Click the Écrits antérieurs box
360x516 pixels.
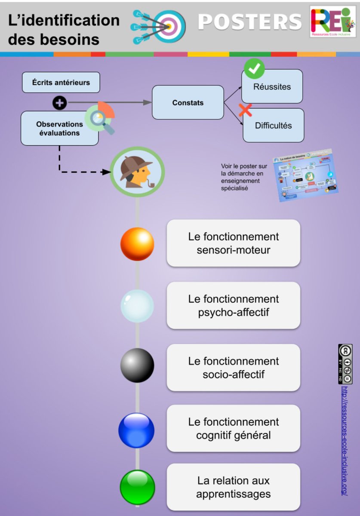pyautogui.click(x=61, y=83)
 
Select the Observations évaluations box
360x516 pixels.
pyautogui.click(x=59, y=128)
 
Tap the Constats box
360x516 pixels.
pyautogui.click(x=188, y=103)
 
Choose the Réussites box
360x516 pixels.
pyautogui.click(x=272, y=87)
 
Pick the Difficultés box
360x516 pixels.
pyautogui.click(x=273, y=126)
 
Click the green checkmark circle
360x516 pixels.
pyautogui.click(x=254, y=68)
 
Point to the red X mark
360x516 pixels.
pyautogui.click(x=245, y=110)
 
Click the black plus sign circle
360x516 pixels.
pyautogui.click(x=59, y=103)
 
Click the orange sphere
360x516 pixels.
pyautogui.click(x=137, y=244)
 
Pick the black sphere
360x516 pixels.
pyautogui.click(x=137, y=365)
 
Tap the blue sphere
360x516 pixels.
pyautogui.click(x=136, y=430)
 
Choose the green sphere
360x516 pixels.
pyautogui.click(x=137, y=487)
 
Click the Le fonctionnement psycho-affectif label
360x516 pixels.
pyautogui.click(x=233, y=306)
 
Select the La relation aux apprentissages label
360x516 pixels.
pyautogui.click(x=233, y=487)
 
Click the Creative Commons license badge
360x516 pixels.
pyautogui.click(x=345, y=364)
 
